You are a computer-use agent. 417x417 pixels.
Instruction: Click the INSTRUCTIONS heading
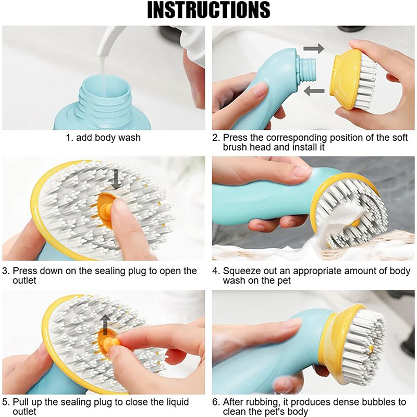coord(209,10)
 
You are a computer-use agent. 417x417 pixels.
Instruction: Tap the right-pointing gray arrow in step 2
coord(314,49)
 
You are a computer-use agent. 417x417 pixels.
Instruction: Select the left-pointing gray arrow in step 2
coord(314,91)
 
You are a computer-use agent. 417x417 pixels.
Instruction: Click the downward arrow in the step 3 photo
coord(116,180)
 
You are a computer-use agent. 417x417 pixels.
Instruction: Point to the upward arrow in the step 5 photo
coord(106,324)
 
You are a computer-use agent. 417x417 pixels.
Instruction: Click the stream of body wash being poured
coord(104,69)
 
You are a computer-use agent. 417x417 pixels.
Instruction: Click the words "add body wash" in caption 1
coord(108,138)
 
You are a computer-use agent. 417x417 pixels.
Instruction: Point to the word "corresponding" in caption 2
coord(296,138)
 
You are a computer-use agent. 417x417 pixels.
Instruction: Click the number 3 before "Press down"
coord(6,271)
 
